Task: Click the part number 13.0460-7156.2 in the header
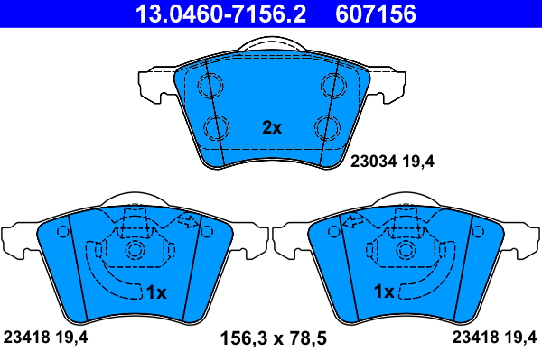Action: click(x=220, y=14)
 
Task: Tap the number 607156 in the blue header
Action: click(x=376, y=14)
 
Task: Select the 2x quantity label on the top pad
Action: click(x=272, y=128)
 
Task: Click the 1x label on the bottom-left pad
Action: click(x=156, y=292)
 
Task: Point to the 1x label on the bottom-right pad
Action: click(x=384, y=292)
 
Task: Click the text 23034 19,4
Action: click(x=392, y=162)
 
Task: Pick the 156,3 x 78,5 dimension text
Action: click(x=273, y=338)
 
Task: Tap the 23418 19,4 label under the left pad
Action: click(x=45, y=337)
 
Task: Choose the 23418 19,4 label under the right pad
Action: click(x=494, y=337)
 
